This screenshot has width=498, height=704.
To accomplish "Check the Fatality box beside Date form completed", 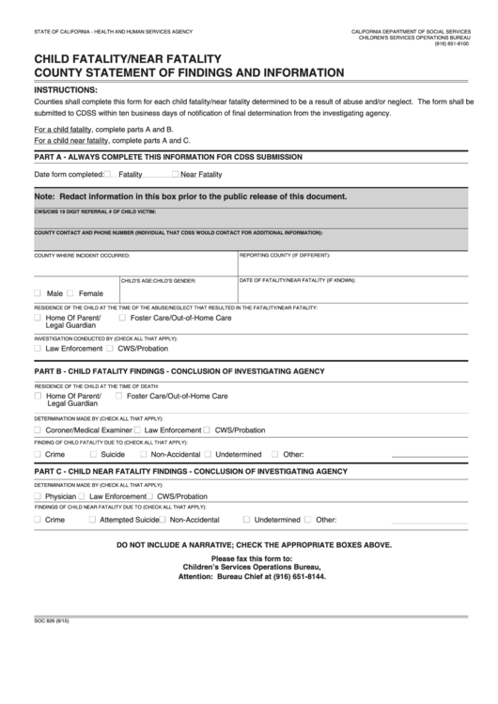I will pyautogui.click(x=108, y=175).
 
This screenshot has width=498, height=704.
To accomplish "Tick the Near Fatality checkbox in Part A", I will pyautogui.click(x=175, y=175).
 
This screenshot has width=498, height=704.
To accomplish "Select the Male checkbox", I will pyautogui.click(x=38, y=293).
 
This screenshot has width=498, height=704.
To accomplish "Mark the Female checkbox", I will pyautogui.click(x=70, y=293).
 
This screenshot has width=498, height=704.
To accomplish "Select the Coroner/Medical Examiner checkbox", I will pyautogui.click(x=38, y=430).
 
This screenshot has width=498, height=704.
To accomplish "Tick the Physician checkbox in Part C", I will pyautogui.click(x=38, y=495).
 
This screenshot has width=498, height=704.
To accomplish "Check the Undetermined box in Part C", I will pyautogui.click(x=246, y=519).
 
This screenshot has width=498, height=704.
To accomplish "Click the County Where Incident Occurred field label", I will pyautogui.click(x=82, y=255).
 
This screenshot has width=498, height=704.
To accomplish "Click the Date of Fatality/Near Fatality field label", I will pyautogui.click(x=297, y=279).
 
